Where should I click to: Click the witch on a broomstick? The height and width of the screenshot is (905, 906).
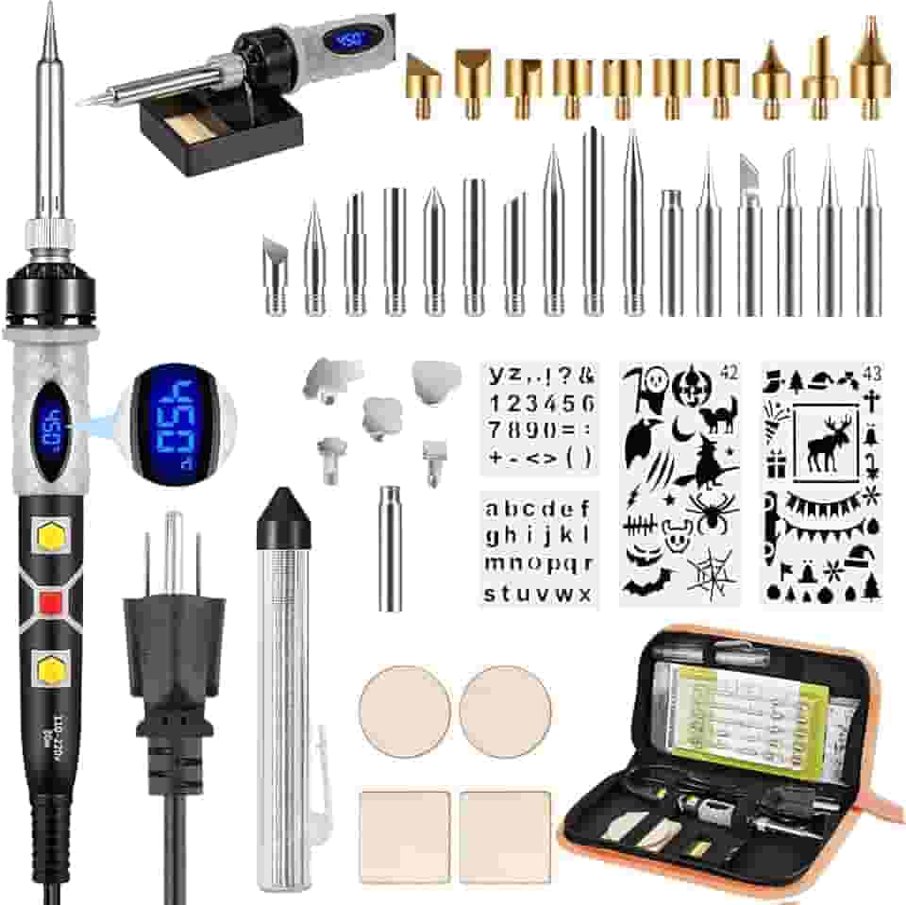point(703,466)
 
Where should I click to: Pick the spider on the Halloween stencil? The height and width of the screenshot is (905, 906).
point(712,511)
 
